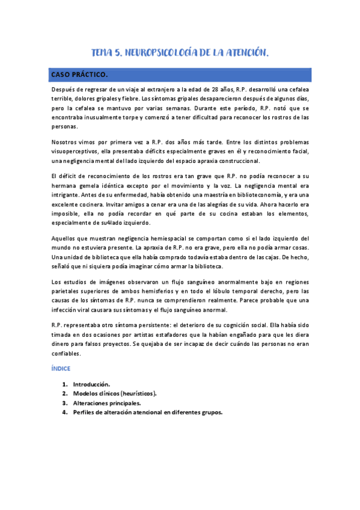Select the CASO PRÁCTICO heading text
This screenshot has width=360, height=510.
[79, 75]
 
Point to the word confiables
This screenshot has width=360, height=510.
[69, 354]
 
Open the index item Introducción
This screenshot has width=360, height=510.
[91, 384]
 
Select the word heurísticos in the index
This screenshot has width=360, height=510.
[136, 393]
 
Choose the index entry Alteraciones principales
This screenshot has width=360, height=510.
[106, 403]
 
